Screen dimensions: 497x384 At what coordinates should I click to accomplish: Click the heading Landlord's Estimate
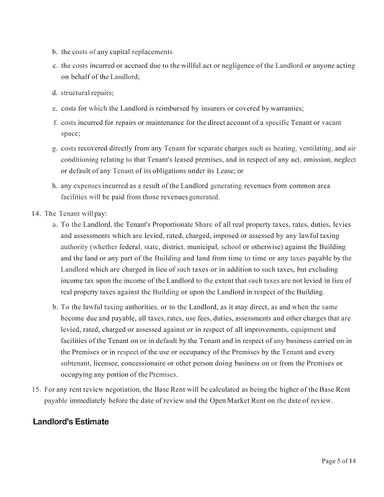point(71,422)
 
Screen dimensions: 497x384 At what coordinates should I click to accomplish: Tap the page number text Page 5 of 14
point(339,460)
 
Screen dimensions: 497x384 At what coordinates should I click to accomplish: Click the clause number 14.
point(36,213)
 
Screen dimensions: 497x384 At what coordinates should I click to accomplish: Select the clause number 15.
point(36,389)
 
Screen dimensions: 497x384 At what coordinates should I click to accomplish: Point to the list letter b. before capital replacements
point(55,51)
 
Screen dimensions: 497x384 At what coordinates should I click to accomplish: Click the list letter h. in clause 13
point(55,186)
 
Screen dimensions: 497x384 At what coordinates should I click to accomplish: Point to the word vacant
point(329,122)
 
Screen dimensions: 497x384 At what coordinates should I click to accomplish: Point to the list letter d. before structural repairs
point(55,93)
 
